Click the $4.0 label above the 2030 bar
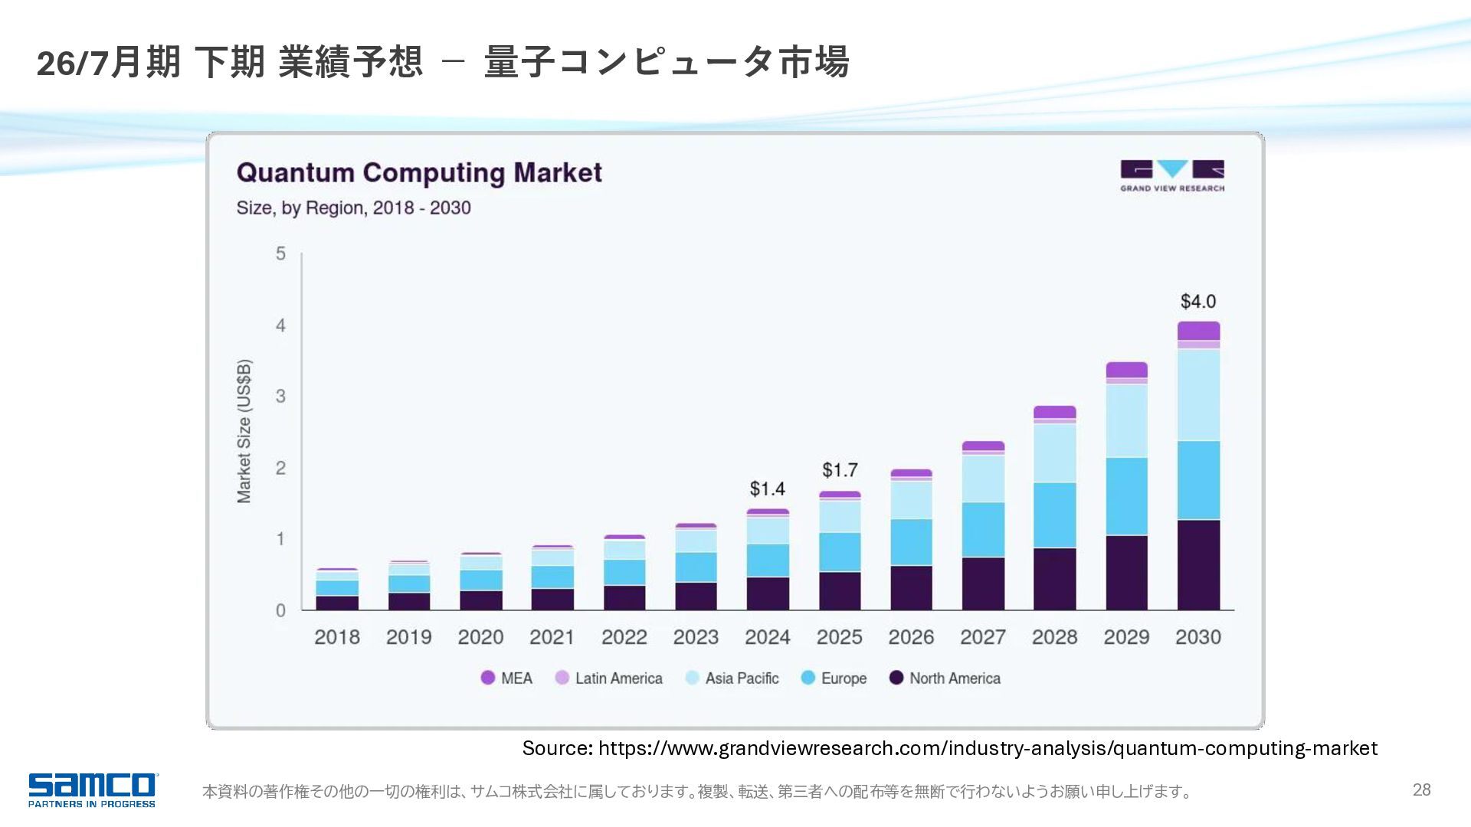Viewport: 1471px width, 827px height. point(1197,301)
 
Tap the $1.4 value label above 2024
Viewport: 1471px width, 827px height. point(767,489)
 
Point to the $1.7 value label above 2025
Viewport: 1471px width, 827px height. point(840,469)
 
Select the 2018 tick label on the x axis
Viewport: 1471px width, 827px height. point(336,637)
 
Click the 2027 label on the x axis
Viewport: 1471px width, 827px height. point(982,637)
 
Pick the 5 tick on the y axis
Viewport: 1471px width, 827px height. point(280,253)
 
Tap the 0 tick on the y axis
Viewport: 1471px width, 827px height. point(280,610)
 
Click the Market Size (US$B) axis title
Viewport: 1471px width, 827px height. point(244,431)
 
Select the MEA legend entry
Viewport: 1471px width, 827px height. point(506,678)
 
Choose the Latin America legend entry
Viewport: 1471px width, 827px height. point(609,678)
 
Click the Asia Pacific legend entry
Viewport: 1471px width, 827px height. point(732,678)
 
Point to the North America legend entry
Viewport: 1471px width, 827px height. point(945,678)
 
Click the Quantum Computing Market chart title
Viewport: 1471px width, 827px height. point(419,173)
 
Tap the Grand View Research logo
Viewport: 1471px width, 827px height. point(1171,175)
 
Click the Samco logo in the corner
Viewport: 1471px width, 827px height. point(93,789)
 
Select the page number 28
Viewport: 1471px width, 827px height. point(1421,790)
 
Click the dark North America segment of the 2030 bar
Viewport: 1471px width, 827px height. point(1198,565)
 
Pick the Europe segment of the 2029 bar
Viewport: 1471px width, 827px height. point(1126,496)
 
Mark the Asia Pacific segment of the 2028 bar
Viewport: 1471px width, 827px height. point(1054,453)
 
